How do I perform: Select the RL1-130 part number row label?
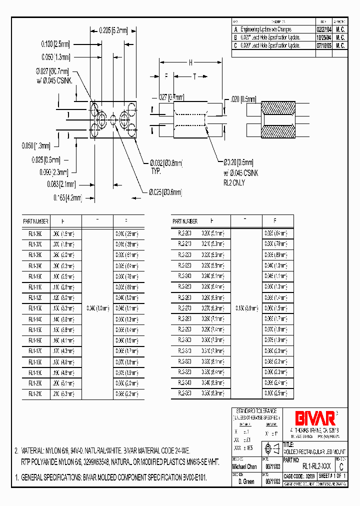36,308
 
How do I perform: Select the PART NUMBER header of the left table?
36,221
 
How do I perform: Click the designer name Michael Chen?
245,466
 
